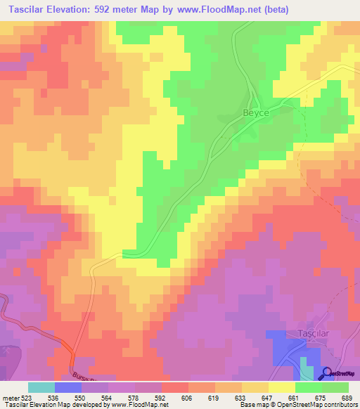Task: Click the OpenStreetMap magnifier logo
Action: tap(328, 374)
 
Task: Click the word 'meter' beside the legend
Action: tap(9, 397)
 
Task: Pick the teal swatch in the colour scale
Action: tap(41, 387)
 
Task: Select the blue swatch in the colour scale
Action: tap(67, 387)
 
